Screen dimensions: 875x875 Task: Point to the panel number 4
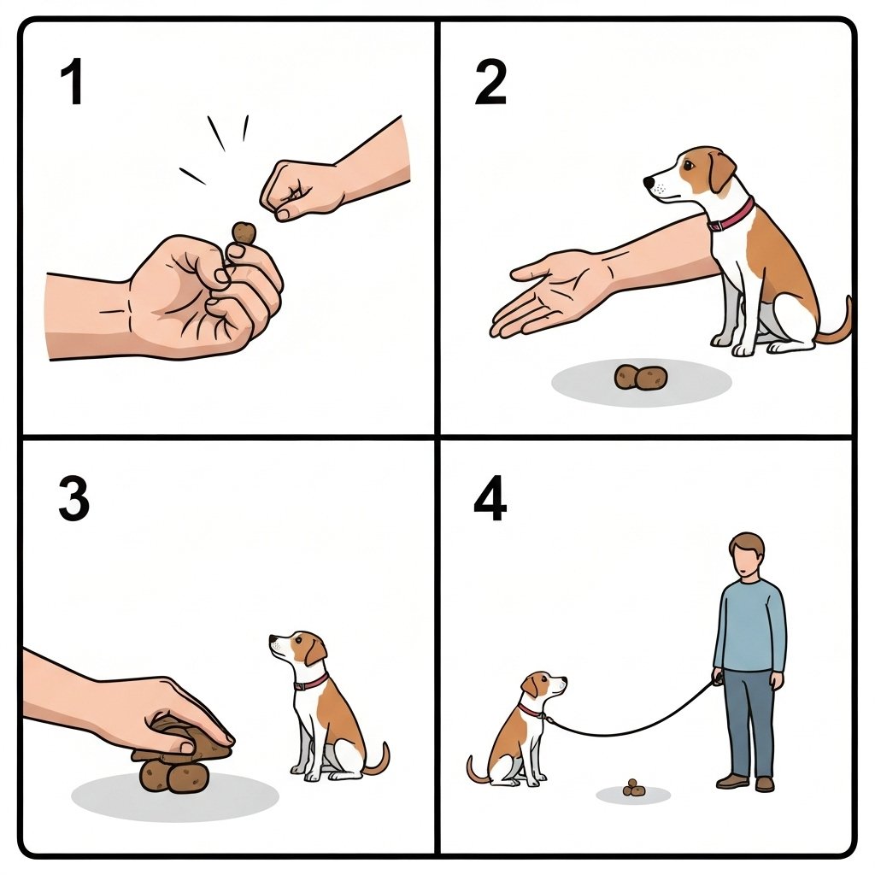(x=490, y=498)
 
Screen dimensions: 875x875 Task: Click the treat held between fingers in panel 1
(x=244, y=232)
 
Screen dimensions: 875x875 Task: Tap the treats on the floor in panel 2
(x=641, y=378)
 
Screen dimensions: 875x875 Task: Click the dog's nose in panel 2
(x=649, y=182)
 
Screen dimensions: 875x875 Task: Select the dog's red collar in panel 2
(x=731, y=214)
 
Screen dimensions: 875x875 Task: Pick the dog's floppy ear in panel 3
(x=314, y=651)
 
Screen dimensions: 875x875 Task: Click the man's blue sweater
(x=750, y=625)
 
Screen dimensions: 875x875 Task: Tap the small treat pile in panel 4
(x=633, y=788)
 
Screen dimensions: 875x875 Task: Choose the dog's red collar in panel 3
(x=311, y=683)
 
